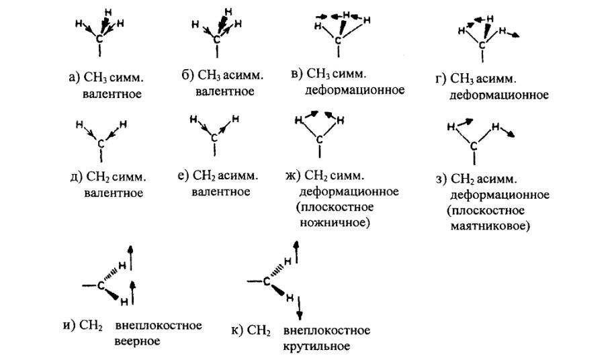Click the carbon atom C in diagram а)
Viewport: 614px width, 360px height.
pos(100,39)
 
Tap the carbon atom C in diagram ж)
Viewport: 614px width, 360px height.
pos(320,140)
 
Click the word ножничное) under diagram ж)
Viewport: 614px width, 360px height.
pos(335,223)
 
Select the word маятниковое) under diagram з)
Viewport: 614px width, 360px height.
pos(490,226)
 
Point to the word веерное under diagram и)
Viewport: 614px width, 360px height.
pos(137,341)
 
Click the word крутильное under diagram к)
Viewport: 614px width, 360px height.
pos(316,347)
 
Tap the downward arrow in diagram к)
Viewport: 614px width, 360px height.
pos(300,308)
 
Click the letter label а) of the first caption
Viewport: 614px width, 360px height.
pos(74,77)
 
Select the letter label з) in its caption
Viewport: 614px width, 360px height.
pos(441,179)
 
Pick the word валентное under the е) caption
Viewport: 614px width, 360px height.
pos(221,191)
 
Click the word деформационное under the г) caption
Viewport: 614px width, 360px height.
pos(499,95)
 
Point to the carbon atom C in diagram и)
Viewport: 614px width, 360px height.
pos(101,285)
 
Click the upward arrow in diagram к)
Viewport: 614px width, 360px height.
pos(296,253)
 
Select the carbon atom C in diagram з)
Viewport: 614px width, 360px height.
pos(474,146)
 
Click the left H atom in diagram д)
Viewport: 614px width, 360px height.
pos(79,125)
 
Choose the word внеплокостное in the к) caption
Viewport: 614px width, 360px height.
pos(326,330)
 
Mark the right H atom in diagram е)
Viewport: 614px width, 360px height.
pos(235,119)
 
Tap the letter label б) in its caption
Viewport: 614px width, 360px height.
pos(187,75)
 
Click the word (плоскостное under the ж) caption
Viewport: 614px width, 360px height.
pos(335,207)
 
